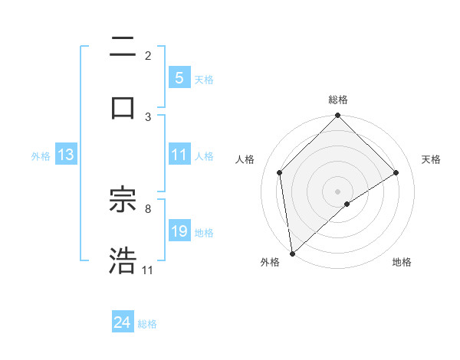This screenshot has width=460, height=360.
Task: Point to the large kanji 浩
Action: [x=123, y=260]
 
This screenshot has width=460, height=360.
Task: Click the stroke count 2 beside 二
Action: [x=148, y=55]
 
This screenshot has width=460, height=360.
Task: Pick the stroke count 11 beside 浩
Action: [x=148, y=270]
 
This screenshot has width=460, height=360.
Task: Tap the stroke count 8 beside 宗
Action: [x=148, y=208]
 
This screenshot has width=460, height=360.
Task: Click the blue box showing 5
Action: [x=179, y=77]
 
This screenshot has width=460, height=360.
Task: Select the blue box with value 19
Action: [x=179, y=231]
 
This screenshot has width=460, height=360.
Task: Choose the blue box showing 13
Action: [x=66, y=155]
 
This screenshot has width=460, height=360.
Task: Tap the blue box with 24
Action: [x=122, y=322]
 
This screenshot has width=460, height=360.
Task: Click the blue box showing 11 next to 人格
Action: [x=179, y=155]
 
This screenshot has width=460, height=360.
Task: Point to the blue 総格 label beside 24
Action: [x=147, y=324]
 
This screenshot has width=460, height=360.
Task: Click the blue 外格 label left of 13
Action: [x=41, y=156]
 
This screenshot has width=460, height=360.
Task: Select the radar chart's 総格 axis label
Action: [x=338, y=100]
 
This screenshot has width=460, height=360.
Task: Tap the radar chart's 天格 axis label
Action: [x=431, y=159]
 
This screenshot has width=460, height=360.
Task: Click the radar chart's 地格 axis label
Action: [x=402, y=262]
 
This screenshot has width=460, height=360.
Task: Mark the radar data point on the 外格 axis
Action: [x=292, y=254]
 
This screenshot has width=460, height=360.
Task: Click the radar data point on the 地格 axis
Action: [x=347, y=204]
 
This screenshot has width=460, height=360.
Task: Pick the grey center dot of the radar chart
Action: [x=338, y=191]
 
